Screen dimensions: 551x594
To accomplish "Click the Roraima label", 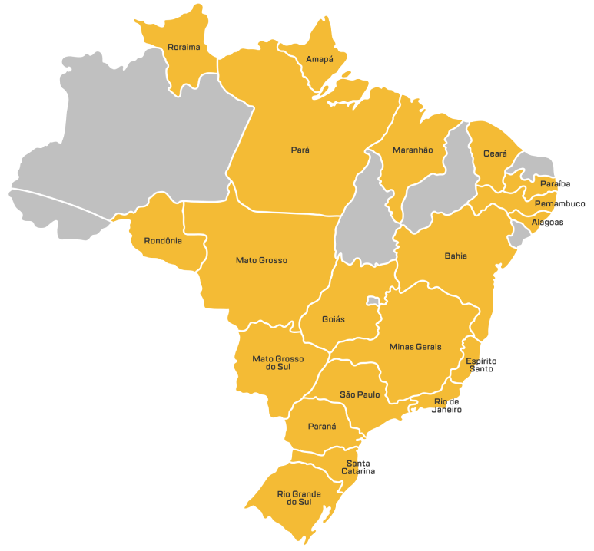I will click(x=184, y=48).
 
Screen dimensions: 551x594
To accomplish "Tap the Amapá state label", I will click(x=320, y=59).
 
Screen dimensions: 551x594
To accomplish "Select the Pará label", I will click(x=300, y=150).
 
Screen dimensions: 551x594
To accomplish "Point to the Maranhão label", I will click(x=413, y=150).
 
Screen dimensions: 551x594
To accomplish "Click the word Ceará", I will click(x=495, y=153).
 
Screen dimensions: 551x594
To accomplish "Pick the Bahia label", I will click(x=456, y=256).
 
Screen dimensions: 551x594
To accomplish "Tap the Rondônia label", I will click(x=163, y=241).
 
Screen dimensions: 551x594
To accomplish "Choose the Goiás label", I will click(x=334, y=319).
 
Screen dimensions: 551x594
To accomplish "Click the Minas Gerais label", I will click(x=415, y=347).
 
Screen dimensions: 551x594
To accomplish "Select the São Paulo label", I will click(x=360, y=394).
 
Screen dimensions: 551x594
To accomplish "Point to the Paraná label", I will click(x=322, y=426).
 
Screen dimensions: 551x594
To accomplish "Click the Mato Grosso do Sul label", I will click(x=278, y=363).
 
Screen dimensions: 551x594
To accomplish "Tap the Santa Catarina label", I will click(x=358, y=467).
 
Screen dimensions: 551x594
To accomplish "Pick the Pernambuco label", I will click(x=559, y=204).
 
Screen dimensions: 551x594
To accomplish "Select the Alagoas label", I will click(x=547, y=223).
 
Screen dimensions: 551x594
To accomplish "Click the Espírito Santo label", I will click(x=481, y=365).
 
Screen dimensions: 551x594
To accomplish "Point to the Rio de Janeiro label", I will click(x=446, y=406).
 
